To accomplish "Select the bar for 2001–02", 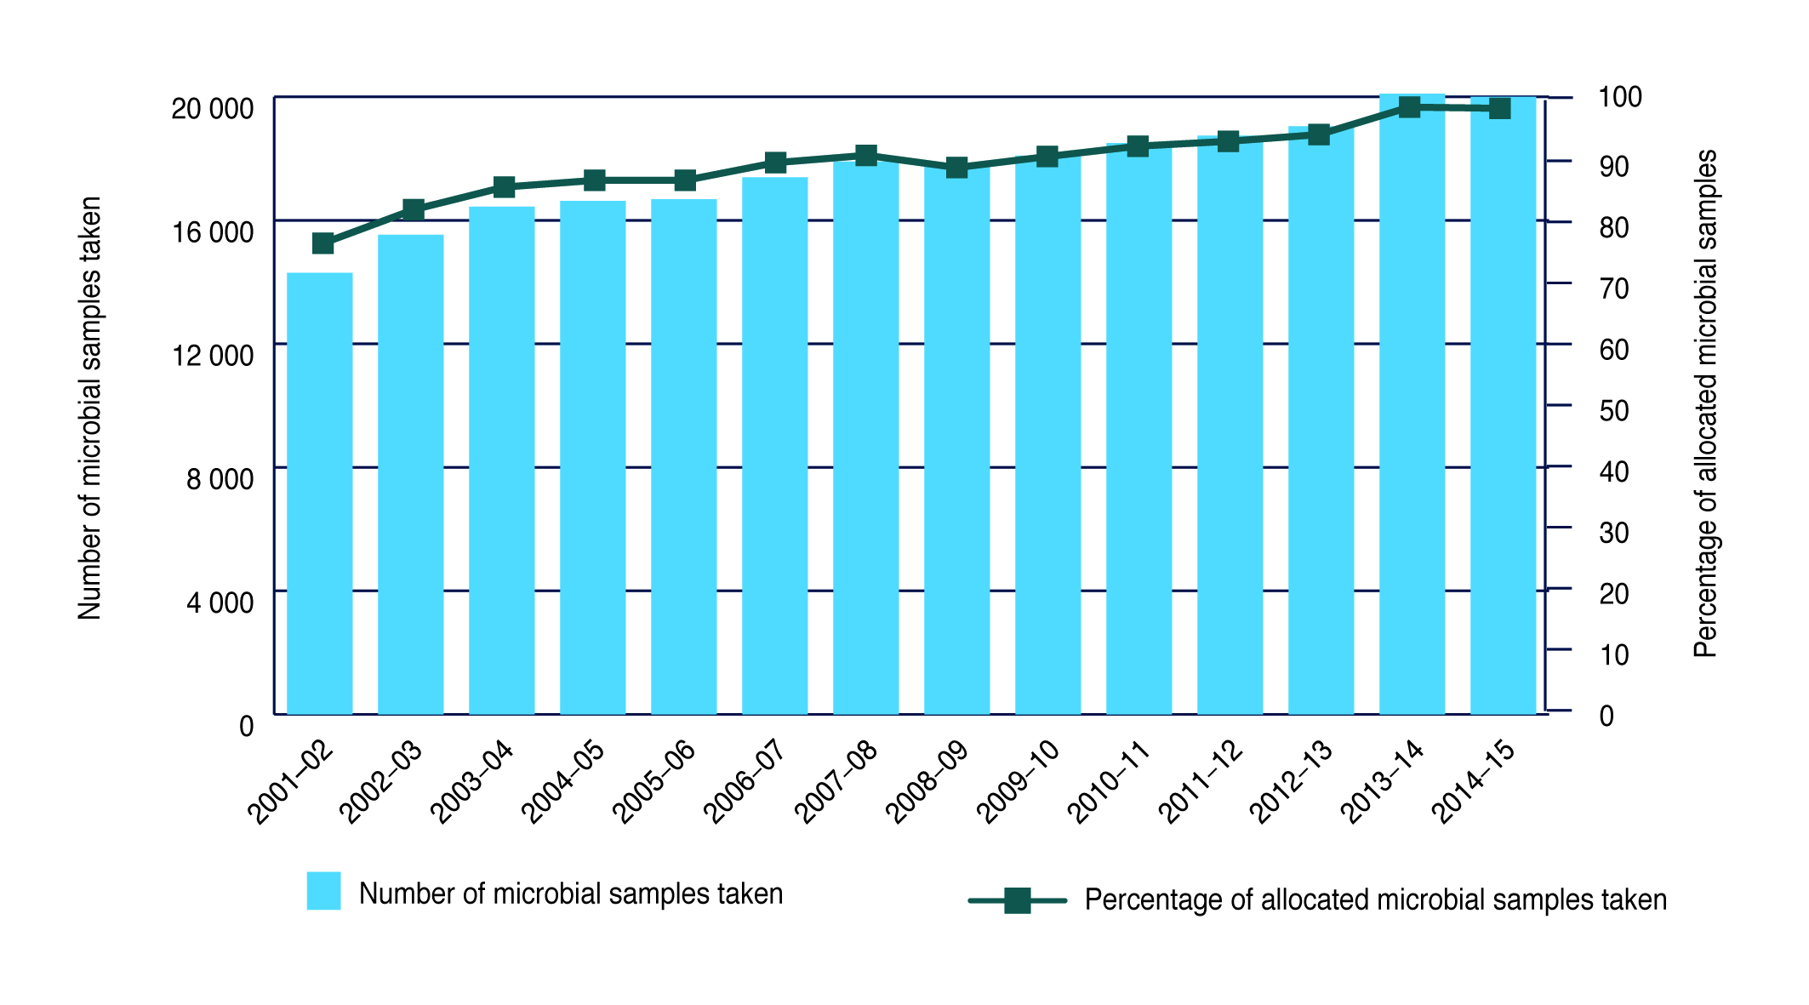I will pos(320,494).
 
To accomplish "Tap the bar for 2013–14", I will pos(1412,404).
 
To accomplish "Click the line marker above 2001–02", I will pos(322,244).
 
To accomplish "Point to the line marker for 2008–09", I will pos(956,168).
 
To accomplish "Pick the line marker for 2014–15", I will pos(1499,109).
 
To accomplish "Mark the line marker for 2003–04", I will pos(504,187).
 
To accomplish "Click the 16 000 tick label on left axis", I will pos(213,232).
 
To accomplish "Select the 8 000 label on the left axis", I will pos(220,479).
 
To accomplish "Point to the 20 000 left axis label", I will pos(213,109).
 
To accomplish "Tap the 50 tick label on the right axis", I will pos(1613,411).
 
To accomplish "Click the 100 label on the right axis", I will pos(1619,97).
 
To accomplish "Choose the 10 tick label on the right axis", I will pos(1613,655).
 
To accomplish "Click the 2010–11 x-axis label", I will pos(1109,782).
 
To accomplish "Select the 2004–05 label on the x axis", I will pos(562,782).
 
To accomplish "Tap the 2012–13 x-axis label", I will pos(1291,782).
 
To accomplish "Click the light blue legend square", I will pos(323,891).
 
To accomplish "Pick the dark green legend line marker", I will pos(1017,900).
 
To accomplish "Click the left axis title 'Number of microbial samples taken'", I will pos(90,408).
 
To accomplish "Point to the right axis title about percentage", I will pos(1705,404).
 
